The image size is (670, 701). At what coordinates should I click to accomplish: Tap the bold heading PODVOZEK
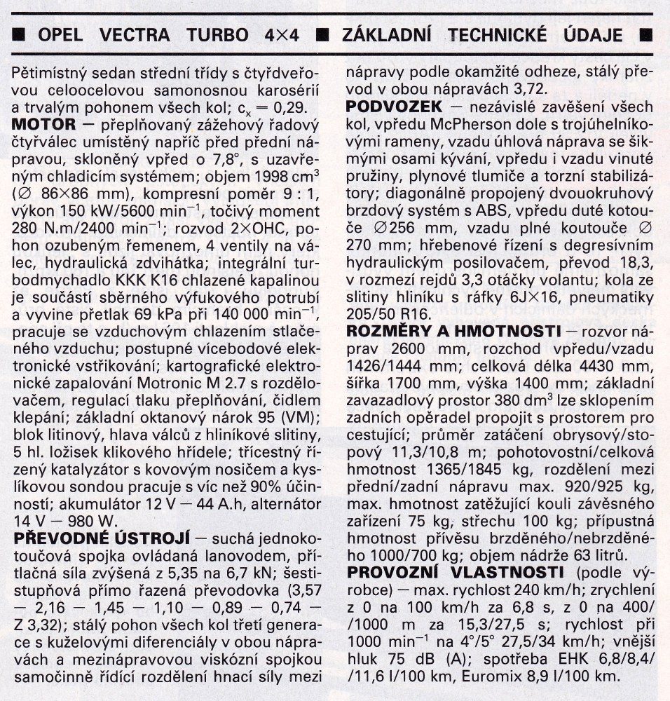point(394,107)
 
